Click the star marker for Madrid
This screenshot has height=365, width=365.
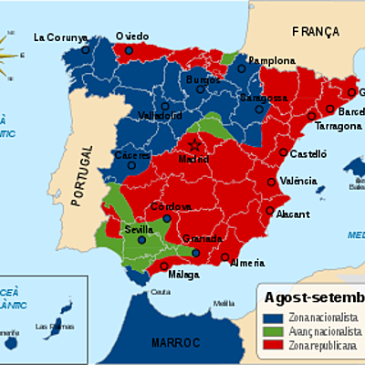[x=193, y=145]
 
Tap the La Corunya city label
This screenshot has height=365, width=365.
[x=59, y=37]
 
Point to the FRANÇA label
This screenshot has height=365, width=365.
[x=315, y=31]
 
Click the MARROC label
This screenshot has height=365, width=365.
[x=178, y=341]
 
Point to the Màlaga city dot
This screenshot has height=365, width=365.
[x=165, y=266]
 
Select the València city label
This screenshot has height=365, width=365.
[x=298, y=181]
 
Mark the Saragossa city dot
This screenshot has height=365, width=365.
[x=260, y=109]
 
